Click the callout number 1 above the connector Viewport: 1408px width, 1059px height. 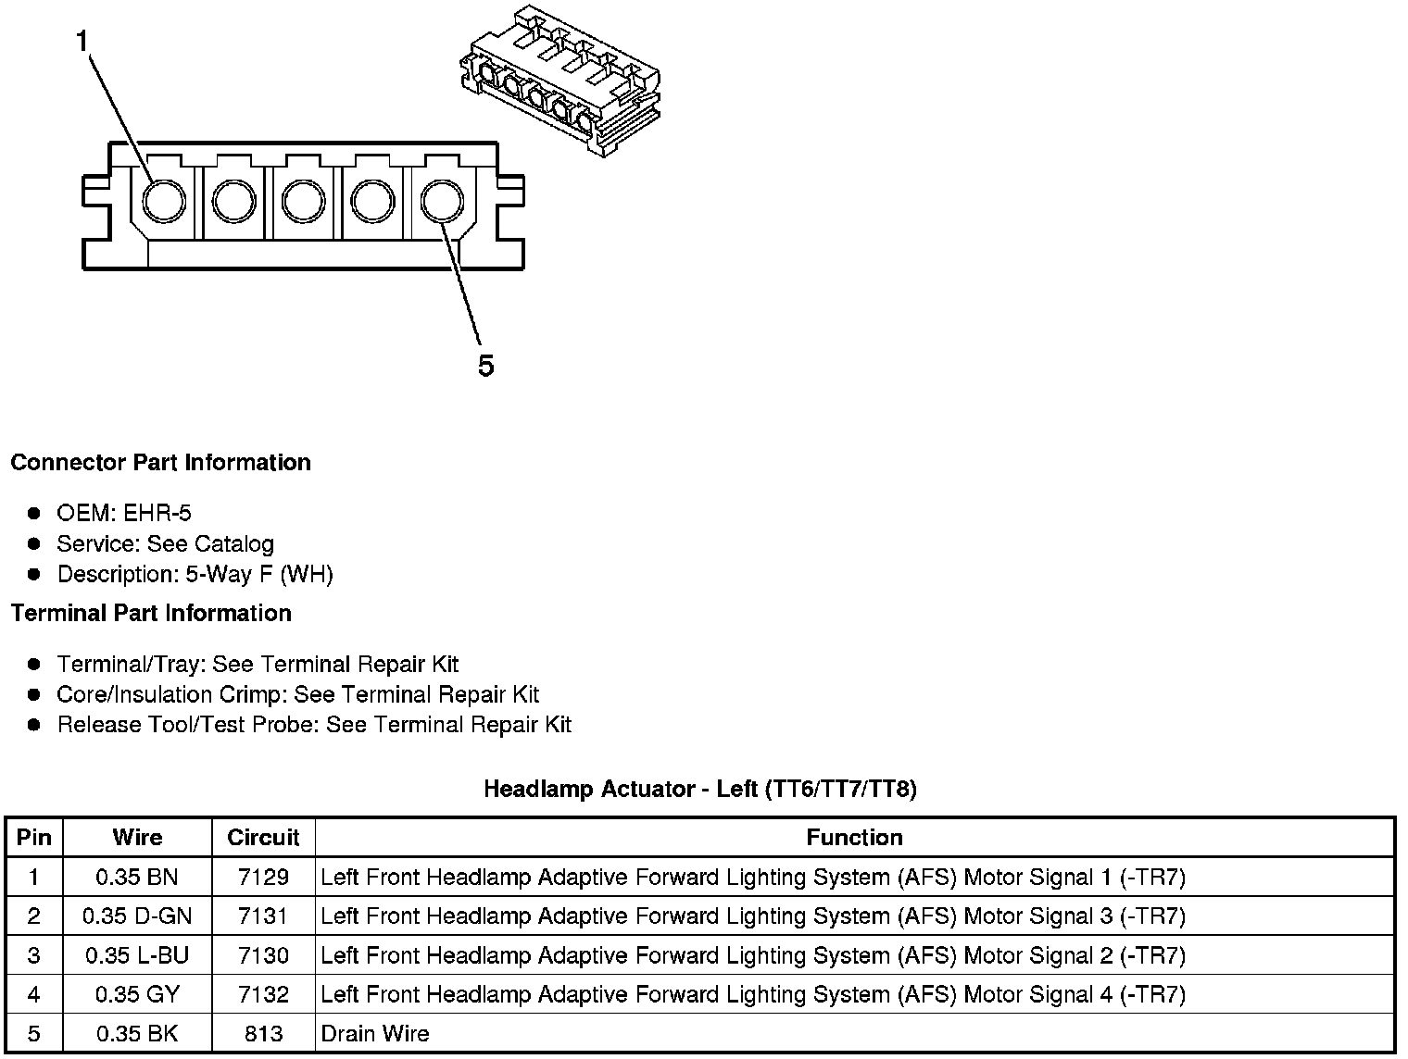click(82, 42)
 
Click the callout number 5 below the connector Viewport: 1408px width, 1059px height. click(485, 367)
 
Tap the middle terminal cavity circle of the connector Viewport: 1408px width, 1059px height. click(303, 201)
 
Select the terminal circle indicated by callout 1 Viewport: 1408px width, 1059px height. click(164, 201)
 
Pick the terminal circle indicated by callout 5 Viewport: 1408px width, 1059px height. click(442, 201)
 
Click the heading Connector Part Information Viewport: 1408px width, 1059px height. click(161, 463)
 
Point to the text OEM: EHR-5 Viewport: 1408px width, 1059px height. click(124, 514)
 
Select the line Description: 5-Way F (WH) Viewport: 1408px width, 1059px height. click(195, 575)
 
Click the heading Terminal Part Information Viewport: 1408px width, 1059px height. click(151, 614)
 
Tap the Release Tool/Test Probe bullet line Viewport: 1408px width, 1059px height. click(314, 725)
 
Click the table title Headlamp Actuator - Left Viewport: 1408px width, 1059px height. click(700, 790)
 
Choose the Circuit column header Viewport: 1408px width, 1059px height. click(263, 838)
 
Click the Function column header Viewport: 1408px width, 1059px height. click(854, 838)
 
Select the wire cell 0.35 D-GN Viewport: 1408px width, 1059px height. click(137, 916)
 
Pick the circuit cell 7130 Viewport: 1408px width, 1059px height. click(263, 955)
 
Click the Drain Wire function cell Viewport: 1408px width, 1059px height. click(375, 1034)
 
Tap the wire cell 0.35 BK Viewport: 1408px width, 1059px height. click(137, 1034)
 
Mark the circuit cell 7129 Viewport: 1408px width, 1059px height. click(263, 877)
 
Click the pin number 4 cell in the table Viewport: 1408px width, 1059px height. click(34, 995)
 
